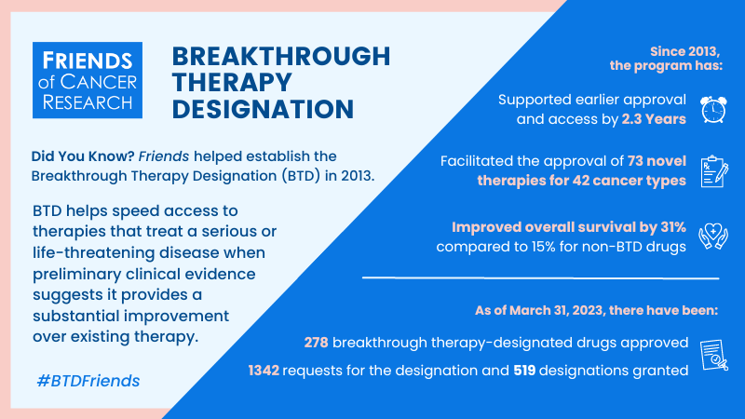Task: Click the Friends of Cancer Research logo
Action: coord(88,80)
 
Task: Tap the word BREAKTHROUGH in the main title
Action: coord(281,56)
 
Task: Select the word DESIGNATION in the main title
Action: coord(263,109)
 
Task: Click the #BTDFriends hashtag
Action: coord(88,381)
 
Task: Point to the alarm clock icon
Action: coord(713,109)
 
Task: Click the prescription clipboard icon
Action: coord(714,171)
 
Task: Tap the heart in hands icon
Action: coord(713,237)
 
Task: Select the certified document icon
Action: coord(713,355)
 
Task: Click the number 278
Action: coord(316,343)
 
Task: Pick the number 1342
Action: coord(264,371)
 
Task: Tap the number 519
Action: coord(524,371)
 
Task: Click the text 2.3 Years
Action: coord(654,119)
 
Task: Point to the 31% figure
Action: coord(673,227)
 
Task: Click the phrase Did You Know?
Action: coord(83,156)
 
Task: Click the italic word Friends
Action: coord(164,156)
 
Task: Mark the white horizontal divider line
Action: coord(541,277)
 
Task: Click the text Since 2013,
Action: coord(685,51)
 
